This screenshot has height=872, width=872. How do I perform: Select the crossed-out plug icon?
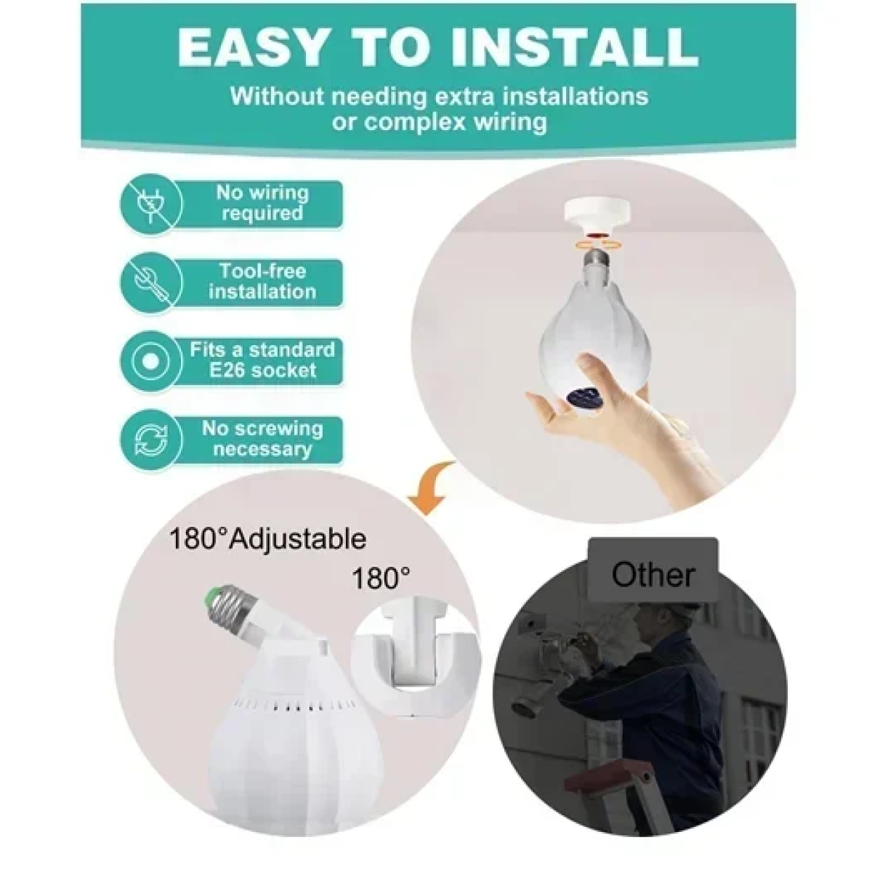[151, 204]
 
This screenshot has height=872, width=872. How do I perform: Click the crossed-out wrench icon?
[151, 283]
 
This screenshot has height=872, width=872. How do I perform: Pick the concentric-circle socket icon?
[151, 361]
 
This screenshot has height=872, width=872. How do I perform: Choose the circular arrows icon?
[151, 440]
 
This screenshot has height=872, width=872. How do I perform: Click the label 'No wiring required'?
[262, 203]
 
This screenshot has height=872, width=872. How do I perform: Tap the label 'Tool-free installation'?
[262, 281]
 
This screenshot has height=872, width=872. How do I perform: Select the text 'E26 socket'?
[262, 371]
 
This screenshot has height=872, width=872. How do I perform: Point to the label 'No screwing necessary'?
[262, 439]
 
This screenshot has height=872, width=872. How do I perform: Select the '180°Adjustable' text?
[268, 539]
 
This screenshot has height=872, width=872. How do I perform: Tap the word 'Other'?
[653, 575]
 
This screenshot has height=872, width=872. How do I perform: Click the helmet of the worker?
[656, 618]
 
